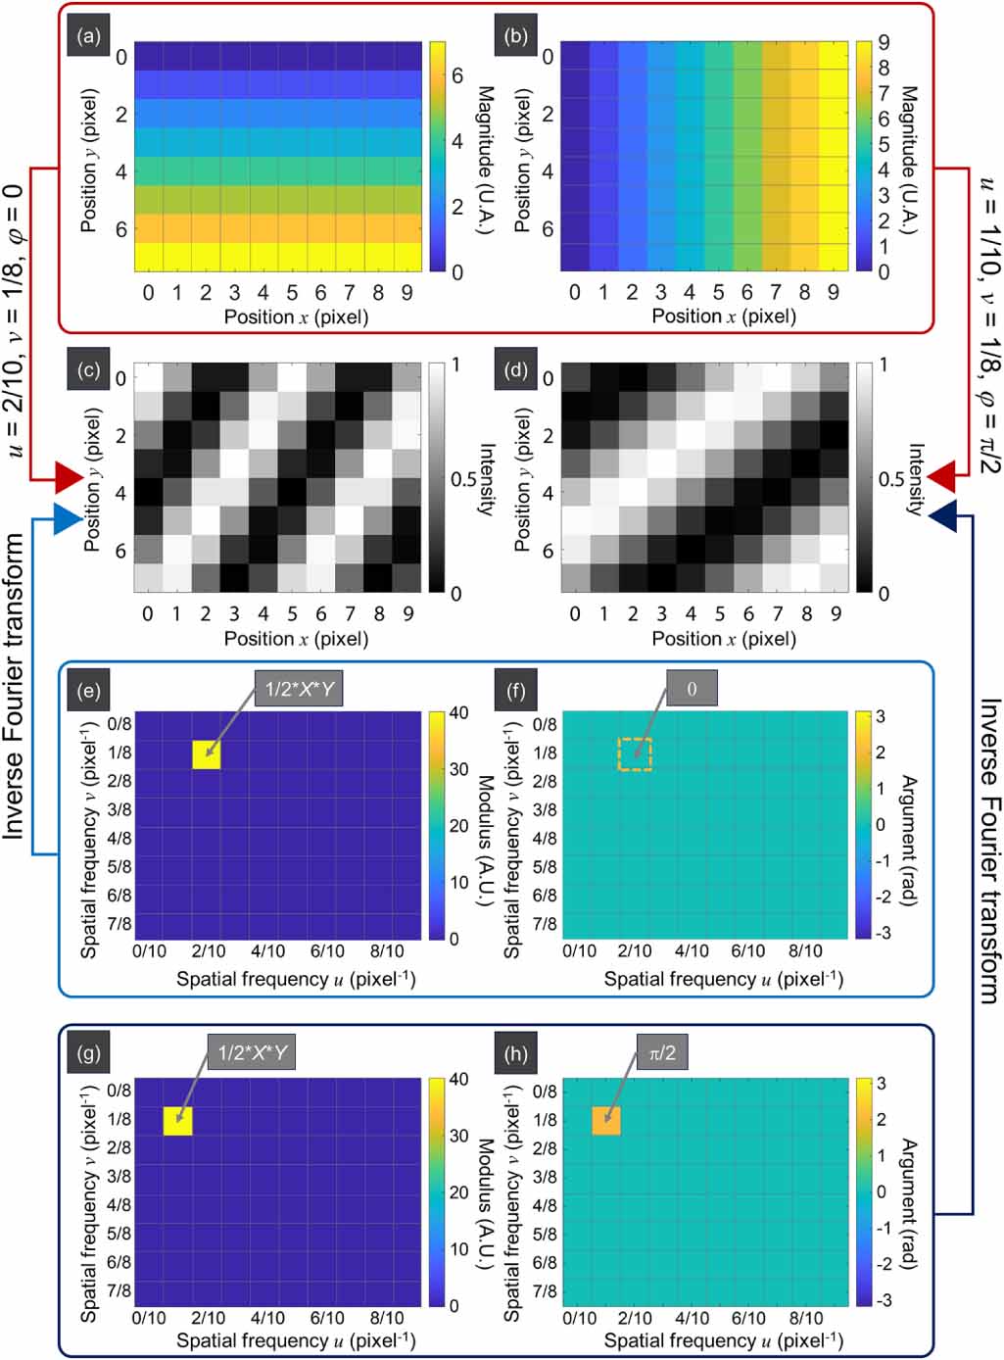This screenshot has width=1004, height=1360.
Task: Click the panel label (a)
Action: point(89,37)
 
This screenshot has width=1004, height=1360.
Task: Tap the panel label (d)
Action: point(515,370)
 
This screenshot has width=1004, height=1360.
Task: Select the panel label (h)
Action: point(515,1053)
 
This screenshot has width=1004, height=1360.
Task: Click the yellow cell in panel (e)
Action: point(207,753)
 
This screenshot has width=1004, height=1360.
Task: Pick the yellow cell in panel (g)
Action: point(178,1120)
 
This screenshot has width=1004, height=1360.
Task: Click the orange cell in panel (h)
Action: point(606,1120)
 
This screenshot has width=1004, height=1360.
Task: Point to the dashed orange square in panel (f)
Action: point(635,753)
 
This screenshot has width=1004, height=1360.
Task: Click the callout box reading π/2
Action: point(662,1052)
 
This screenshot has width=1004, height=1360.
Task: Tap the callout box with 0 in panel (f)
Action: point(692,688)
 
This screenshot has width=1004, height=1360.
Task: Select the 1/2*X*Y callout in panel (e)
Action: point(299,688)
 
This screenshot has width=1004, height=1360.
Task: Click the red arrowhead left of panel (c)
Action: point(70,477)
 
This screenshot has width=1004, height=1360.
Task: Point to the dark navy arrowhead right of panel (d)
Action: point(942,515)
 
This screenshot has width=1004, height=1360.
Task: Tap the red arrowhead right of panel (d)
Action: point(941,477)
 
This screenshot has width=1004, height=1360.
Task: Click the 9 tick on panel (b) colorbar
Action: point(884,43)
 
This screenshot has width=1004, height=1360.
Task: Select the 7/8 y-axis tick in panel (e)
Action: point(120,923)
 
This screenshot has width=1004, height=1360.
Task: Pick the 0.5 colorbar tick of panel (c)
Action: point(463,479)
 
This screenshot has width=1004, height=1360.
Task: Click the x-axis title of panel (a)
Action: point(296,316)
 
